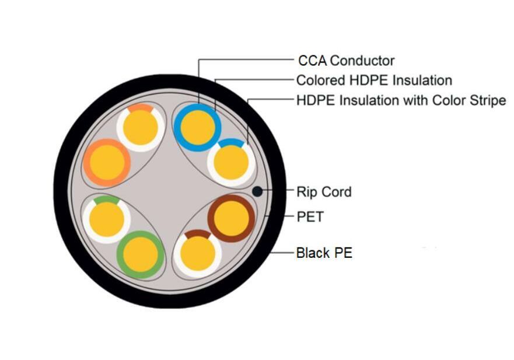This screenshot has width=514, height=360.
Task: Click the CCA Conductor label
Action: (346, 61)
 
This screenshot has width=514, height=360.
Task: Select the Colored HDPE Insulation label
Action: (374, 81)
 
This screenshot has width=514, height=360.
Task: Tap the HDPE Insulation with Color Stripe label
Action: (401, 100)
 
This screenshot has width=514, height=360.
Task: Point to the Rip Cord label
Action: (324, 192)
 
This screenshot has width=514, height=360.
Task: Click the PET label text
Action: (310, 216)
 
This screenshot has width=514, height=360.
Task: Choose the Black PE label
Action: (324, 253)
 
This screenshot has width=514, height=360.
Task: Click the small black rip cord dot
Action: (257, 192)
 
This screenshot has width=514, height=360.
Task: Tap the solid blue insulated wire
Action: (198, 128)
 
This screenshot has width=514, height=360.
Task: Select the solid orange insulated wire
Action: (107, 163)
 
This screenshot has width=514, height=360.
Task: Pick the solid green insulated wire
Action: (141, 255)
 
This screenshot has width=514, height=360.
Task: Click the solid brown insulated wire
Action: (231, 218)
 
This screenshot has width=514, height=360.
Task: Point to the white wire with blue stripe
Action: (231, 163)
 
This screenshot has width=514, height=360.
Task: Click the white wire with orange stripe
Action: (141, 128)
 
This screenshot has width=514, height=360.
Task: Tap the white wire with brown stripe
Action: (198, 254)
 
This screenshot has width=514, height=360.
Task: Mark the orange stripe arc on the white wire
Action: (140, 107)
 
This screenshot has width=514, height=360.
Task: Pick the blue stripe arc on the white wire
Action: (231, 142)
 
